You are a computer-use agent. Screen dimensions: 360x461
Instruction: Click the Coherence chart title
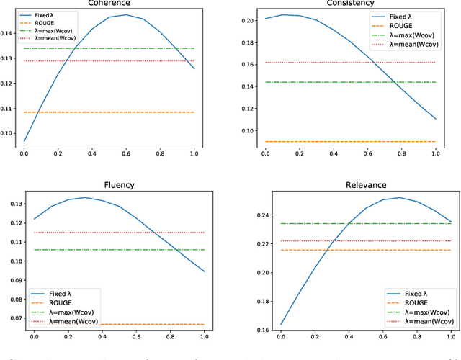pos(109,2)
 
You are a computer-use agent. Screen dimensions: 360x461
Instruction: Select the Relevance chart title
pos(352,184)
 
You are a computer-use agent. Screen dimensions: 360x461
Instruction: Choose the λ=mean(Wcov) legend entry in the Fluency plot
pos(71,321)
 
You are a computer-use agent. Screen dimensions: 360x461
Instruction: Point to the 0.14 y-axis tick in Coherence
pos(9,33)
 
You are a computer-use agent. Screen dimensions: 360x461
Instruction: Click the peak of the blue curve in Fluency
pos(85,197)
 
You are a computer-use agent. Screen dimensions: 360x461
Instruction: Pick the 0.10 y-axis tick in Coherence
pos(9,133)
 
